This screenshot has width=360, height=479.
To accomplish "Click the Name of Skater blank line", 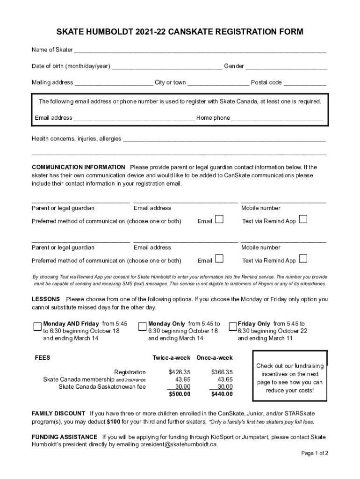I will (200, 51).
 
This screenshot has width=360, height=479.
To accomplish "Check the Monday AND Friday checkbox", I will (37, 326).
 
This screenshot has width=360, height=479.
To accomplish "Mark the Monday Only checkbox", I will (143, 326).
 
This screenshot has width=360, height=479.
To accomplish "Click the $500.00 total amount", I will (180, 394).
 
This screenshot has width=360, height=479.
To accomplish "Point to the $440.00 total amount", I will (222, 394).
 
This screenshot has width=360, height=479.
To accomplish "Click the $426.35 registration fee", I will (180, 372).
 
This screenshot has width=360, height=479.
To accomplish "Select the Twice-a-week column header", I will (172, 358).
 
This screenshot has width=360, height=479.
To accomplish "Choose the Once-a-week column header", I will (214, 358).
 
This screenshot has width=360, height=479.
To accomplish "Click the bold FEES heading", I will (43, 358).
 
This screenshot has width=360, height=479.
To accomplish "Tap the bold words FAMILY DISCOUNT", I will (58, 414).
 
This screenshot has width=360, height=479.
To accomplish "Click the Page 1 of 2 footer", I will (315, 453).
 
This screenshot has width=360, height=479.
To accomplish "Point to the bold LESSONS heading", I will (46, 299).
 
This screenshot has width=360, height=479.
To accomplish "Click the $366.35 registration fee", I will (222, 372).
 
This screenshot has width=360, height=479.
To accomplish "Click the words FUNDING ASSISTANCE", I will (65, 437).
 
